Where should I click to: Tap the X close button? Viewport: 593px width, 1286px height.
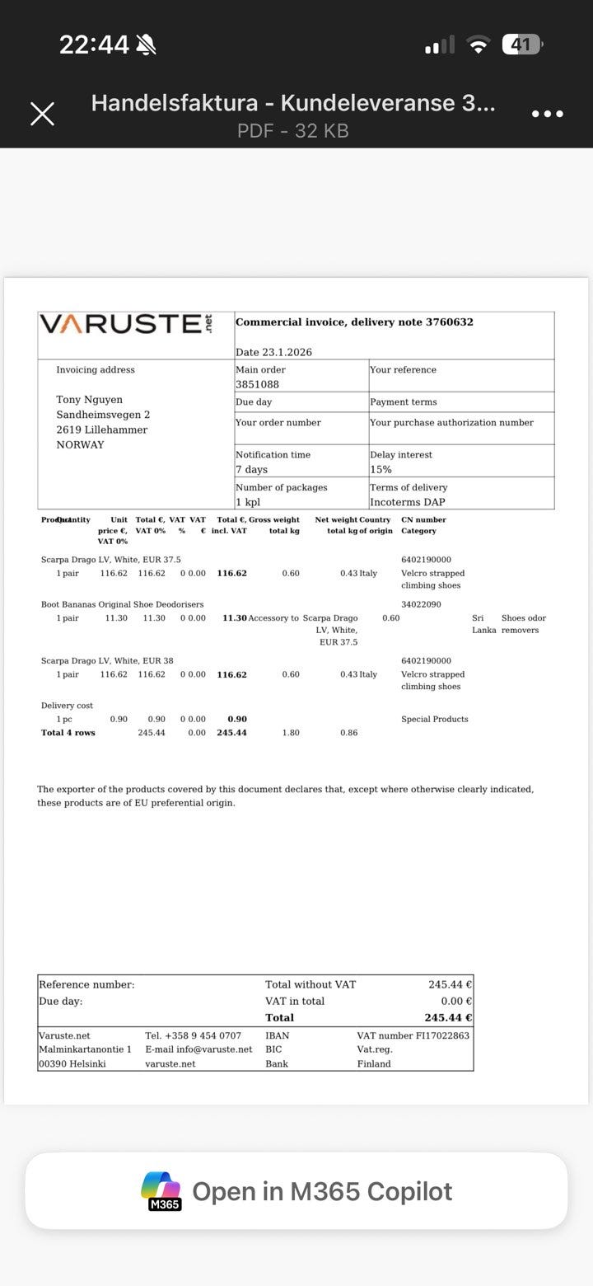[x=43, y=114]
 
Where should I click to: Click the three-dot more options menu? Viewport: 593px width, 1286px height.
[x=548, y=114]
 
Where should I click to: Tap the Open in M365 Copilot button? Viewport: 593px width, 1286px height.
[x=296, y=1191]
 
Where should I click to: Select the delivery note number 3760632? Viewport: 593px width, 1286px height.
[x=449, y=322]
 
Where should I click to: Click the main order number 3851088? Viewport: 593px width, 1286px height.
[x=257, y=384]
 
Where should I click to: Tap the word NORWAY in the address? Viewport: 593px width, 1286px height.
[x=80, y=444]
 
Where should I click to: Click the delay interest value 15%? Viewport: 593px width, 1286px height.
[x=381, y=469]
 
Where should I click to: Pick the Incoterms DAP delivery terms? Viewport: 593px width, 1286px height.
[x=407, y=502]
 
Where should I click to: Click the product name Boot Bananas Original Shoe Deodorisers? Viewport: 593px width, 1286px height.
[x=122, y=604]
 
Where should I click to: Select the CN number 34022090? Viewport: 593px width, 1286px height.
[x=421, y=604]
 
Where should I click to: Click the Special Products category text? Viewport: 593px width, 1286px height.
[x=434, y=719]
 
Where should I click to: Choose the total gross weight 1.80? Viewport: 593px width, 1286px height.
[x=291, y=732]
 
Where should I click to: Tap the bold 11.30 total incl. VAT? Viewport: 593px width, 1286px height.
[x=234, y=617]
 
